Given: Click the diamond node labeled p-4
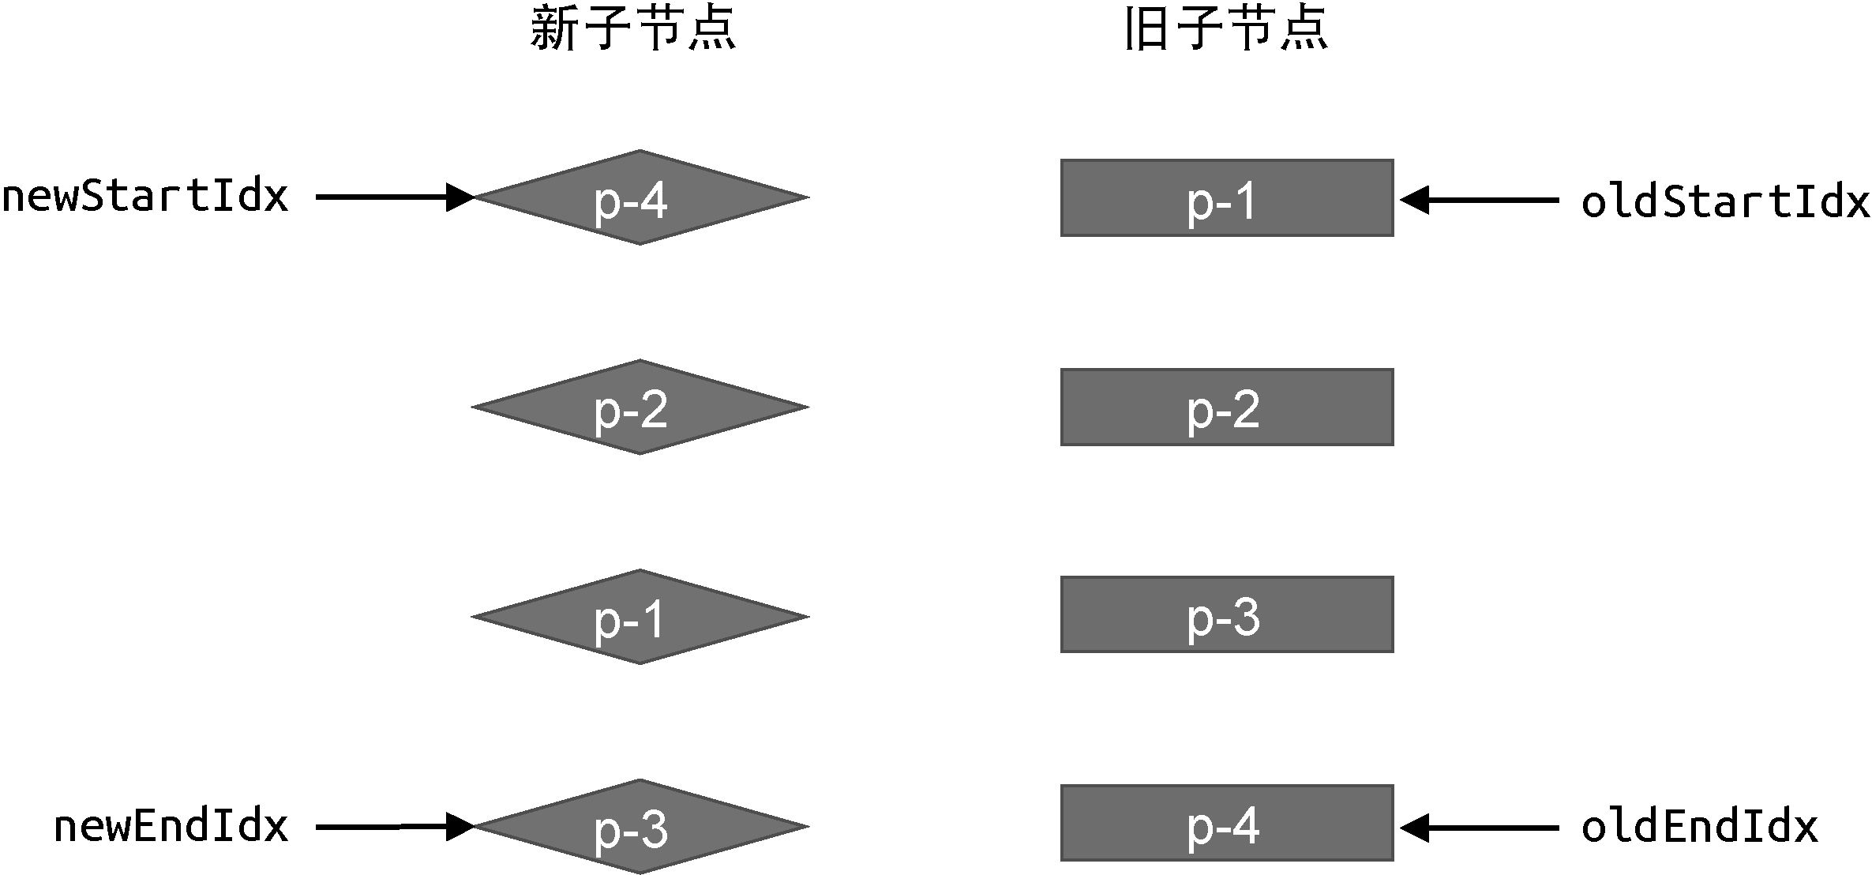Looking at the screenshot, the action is pyautogui.click(x=640, y=197).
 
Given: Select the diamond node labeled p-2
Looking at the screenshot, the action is pyautogui.click(x=640, y=407).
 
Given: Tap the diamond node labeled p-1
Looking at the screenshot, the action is pyautogui.click(x=640, y=617).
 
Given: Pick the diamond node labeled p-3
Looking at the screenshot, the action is pyautogui.click(x=640, y=827).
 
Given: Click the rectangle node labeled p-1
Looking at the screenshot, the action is pyautogui.click(x=1227, y=198).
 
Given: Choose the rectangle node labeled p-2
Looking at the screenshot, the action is pyautogui.click(x=1227, y=407).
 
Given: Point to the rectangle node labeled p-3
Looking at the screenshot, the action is pyautogui.click(x=1227, y=615).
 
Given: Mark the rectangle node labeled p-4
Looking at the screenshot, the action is pyautogui.click(x=1227, y=823).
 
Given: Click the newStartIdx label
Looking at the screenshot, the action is pyautogui.click(x=145, y=196).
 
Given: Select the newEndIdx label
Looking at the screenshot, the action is pyautogui.click(x=171, y=826).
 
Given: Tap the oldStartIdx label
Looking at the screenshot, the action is pyautogui.click(x=1725, y=201).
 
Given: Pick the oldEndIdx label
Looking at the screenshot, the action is pyautogui.click(x=1699, y=827).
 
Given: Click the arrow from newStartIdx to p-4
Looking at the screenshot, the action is pyautogui.click(x=395, y=197).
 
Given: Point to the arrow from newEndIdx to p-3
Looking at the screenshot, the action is pyautogui.click(x=395, y=827).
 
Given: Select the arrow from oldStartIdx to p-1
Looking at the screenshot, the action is pyautogui.click(x=1480, y=200).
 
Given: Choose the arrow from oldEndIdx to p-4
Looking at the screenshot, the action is pyautogui.click(x=1480, y=828).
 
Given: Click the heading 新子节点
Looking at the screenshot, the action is pyautogui.click(x=633, y=28).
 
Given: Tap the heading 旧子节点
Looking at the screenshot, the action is pyautogui.click(x=1226, y=28).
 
